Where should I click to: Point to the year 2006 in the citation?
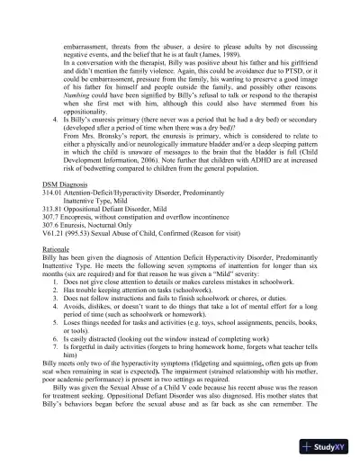157,183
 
